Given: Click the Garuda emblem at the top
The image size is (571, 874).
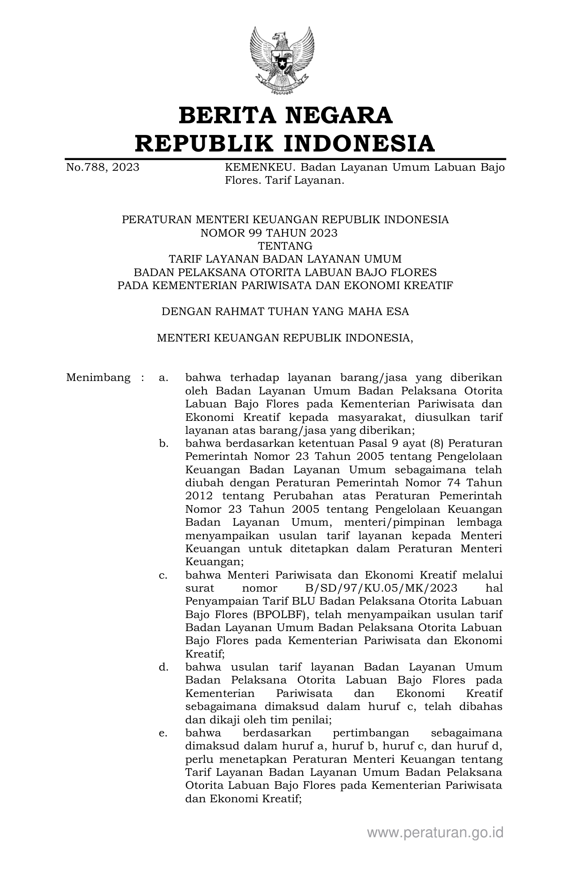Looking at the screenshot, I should tap(281, 60).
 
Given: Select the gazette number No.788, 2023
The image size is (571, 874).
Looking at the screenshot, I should tap(103, 168).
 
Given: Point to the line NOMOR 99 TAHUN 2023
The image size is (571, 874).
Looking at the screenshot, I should tap(269, 233).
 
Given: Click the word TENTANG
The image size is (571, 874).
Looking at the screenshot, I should tap(285, 246).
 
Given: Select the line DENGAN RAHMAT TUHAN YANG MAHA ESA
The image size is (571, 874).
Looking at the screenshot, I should tap(285, 312).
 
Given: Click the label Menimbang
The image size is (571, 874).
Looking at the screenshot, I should tap(99, 377).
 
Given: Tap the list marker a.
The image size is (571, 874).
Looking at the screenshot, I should tap(163, 377).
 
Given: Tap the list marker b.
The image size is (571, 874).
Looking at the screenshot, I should tap(163, 443).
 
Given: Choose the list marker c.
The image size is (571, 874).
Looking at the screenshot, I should tap(163, 575).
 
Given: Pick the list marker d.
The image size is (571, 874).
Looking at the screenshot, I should tap(163, 667).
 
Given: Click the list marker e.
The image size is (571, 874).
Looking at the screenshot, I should tap(163, 733).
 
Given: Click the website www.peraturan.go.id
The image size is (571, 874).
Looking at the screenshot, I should tap(435, 833).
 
